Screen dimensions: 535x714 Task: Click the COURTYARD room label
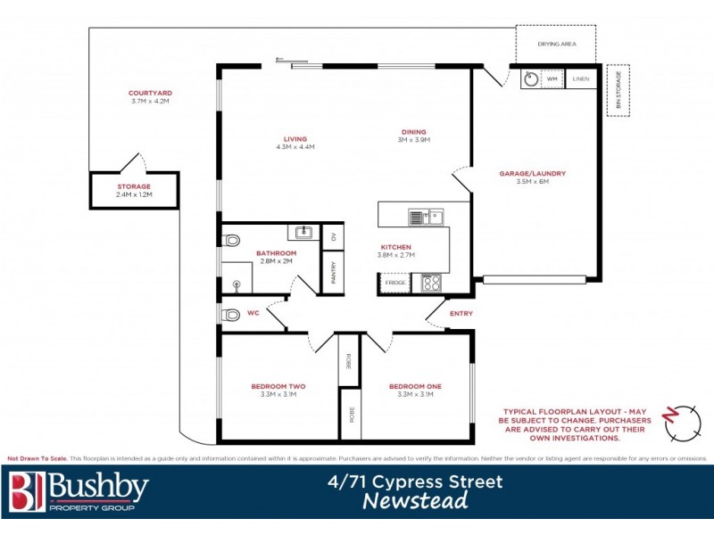pyautogui.click(x=149, y=93)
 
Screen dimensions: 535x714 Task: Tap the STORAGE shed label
pyautogui.click(x=134, y=186)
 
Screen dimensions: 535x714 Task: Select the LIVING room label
pyautogui.click(x=295, y=139)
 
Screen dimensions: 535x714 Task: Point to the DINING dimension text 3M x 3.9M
pyautogui.click(x=414, y=140)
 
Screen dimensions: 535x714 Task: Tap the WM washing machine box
pyautogui.click(x=552, y=79)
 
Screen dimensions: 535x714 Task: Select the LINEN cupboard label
pyautogui.click(x=580, y=79)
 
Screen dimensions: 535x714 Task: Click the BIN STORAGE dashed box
pyautogui.click(x=618, y=90)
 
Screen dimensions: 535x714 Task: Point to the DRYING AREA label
pyautogui.click(x=555, y=44)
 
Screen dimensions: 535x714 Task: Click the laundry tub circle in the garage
pyautogui.click(x=530, y=79)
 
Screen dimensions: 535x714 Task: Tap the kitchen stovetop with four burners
pyautogui.click(x=432, y=283)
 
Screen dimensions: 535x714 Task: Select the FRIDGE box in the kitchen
pyautogui.click(x=395, y=283)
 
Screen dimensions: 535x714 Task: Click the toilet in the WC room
pyautogui.click(x=232, y=314)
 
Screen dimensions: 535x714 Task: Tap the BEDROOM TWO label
pyautogui.click(x=278, y=386)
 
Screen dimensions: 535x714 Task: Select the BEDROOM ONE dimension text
pyautogui.click(x=415, y=394)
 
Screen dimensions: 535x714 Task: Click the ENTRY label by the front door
pyautogui.click(x=461, y=313)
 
